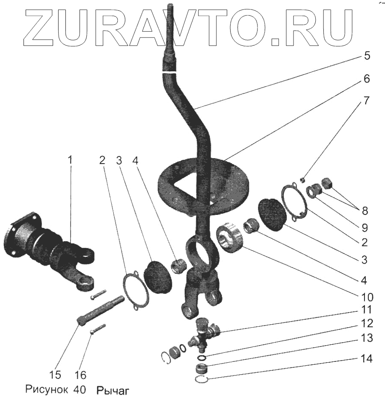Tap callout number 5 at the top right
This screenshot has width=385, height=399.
367,56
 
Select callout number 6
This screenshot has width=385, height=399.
367,79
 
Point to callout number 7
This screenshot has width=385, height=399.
367,102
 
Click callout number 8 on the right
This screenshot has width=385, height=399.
364,211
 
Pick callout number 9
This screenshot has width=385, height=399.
364,226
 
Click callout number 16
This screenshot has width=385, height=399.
80,375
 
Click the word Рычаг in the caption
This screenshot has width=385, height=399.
112,390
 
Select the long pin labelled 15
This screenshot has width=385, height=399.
102,309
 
